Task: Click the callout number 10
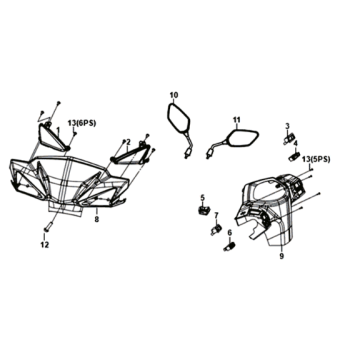click(174, 96)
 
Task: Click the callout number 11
click(236, 120)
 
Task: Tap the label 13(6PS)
click(82, 123)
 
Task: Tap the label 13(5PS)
click(316, 160)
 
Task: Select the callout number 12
click(45, 245)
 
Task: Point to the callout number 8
click(97, 220)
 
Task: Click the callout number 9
click(282, 257)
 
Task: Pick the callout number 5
click(202, 198)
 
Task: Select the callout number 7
click(216, 216)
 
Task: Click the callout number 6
click(230, 233)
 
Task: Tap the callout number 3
click(287, 126)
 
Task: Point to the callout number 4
click(296, 143)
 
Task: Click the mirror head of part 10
click(178, 117)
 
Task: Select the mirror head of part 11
click(242, 137)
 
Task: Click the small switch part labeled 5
click(204, 210)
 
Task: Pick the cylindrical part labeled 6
click(228, 248)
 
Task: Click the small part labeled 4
click(294, 156)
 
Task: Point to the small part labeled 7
click(216, 229)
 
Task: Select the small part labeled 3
click(289, 138)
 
